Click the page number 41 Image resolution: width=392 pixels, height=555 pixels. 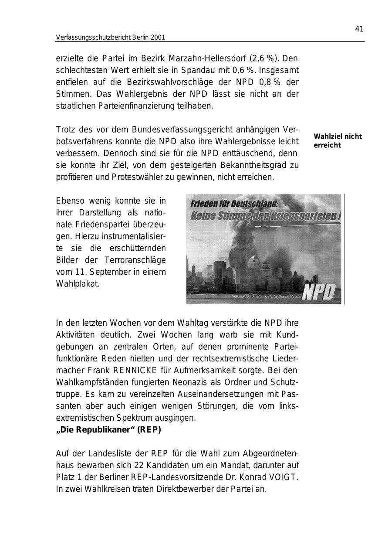click(359, 29)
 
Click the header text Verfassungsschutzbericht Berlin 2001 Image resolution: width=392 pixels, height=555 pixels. click(110, 37)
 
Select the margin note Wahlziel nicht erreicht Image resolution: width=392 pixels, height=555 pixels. click(338, 141)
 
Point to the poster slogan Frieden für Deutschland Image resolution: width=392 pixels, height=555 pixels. click(234, 203)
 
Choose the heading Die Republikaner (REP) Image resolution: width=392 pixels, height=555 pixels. click(108, 430)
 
